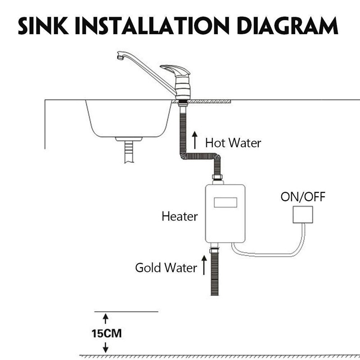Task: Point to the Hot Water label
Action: [233, 143]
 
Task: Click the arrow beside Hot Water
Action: [195, 139]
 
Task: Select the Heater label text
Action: [180, 216]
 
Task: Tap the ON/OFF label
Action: [302, 197]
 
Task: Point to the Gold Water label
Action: [166, 268]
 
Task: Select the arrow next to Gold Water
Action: [203, 264]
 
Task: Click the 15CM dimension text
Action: [106, 334]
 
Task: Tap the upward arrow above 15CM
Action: [106, 319]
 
